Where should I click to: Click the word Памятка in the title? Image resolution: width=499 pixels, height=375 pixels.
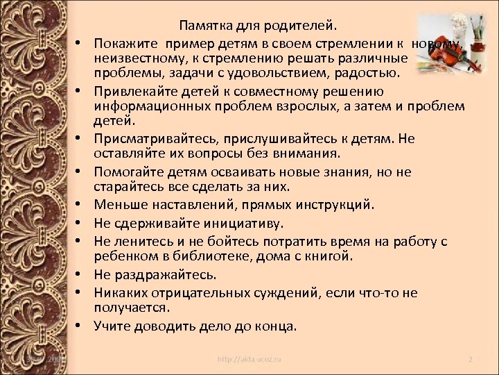tap(204, 26)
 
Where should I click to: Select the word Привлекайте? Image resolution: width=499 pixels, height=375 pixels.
tap(134, 92)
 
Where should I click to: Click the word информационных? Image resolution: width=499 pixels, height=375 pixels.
tap(154, 107)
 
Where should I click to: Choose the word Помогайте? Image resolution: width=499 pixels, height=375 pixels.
tap(129, 171)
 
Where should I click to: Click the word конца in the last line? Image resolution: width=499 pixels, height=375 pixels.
tap(277, 326)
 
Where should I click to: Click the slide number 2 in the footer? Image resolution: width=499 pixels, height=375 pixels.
tap(470, 360)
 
